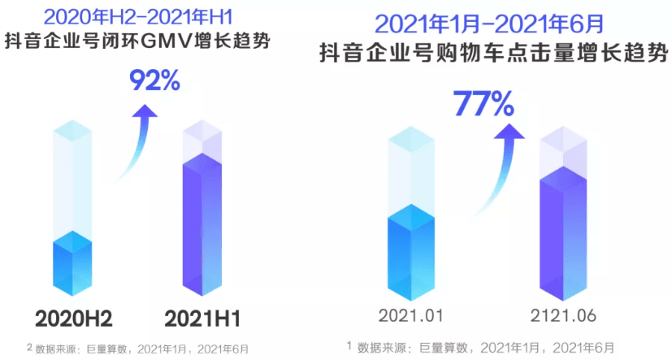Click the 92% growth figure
pos(154,81)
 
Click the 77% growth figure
pos(483,104)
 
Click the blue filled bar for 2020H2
pos(73,264)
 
